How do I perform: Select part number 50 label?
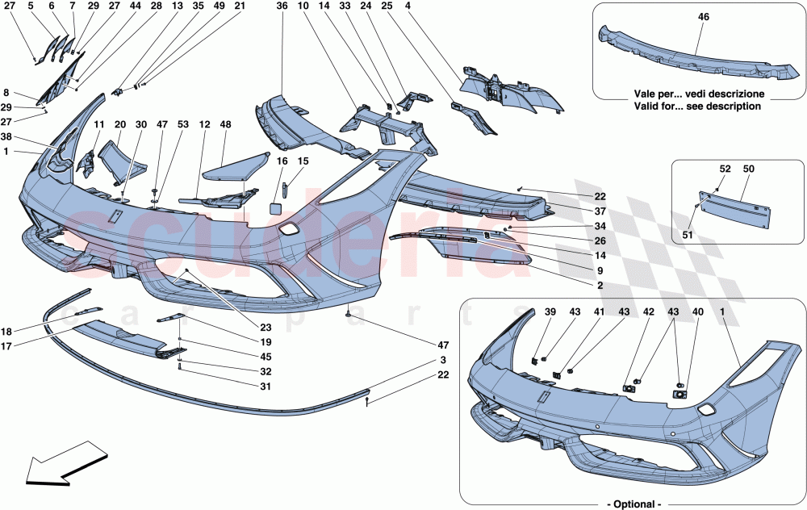pyautogui.click(x=749, y=169)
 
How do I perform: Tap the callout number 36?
pyautogui.click(x=281, y=7)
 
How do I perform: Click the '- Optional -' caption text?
pyautogui.click(x=627, y=504)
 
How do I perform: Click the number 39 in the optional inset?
pyautogui.click(x=550, y=312)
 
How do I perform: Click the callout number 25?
pyautogui.click(x=387, y=7)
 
